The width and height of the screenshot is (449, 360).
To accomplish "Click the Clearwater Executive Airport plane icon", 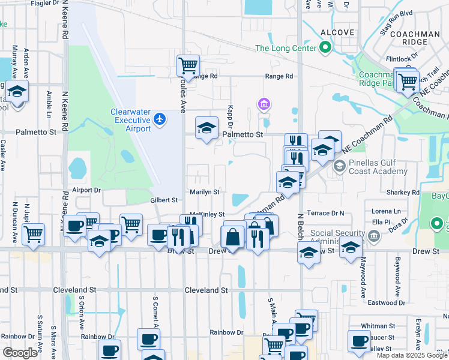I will (x=159, y=119).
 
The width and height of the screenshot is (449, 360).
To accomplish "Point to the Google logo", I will (x=20, y=352).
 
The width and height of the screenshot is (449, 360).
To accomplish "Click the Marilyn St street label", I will (x=205, y=192).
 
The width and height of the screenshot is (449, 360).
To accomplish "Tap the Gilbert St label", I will (x=164, y=200).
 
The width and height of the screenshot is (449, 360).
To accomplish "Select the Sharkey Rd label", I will (x=403, y=193).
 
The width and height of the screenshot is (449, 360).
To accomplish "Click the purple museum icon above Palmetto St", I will (x=263, y=105).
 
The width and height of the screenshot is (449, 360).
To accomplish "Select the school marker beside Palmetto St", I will (x=206, y=128).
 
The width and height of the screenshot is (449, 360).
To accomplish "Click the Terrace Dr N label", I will (x=325, y=213).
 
